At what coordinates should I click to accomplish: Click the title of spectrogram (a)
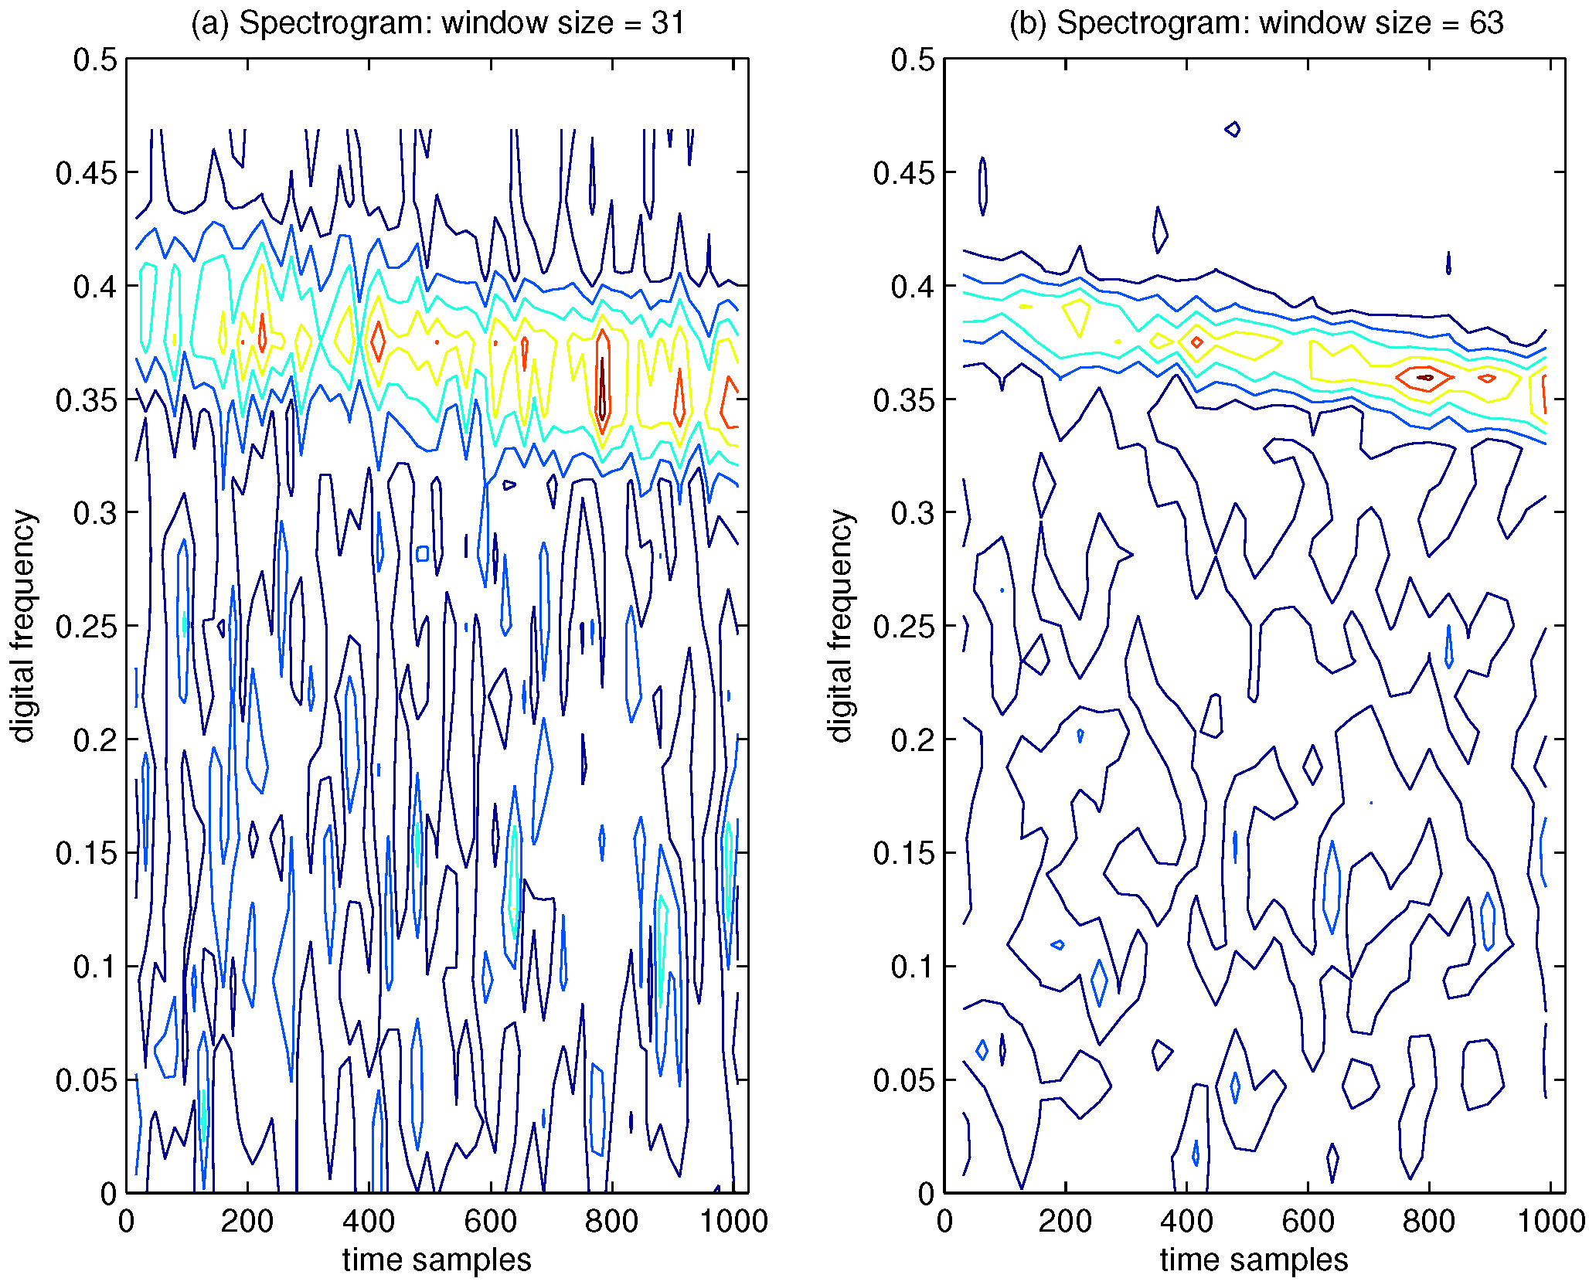pyautogui.click(x=437, y=22)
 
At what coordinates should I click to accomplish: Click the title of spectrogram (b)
pyautogui.click(x=1256, y=22)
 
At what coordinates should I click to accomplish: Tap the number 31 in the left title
pyautogui.click(x=668, y=22)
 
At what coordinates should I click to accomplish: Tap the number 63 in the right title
pyautogui.click(x=1485, y=22)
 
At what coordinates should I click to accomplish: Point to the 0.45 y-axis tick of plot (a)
pyautogui.click(x=85, y=173)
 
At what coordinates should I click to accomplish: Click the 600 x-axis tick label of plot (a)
pyautogui.click(x=490, y=1221)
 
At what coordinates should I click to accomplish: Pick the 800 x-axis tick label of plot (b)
pyautogui.click(x=1428, y=1221)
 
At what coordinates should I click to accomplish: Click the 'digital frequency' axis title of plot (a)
pyautogui.click(x=23, y=626)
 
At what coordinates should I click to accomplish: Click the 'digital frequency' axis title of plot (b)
pyautogui.click(x=841, y=626)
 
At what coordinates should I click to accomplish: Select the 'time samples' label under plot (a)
pyautogui.click(x=437, y=1260)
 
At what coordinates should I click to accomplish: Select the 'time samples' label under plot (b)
pyautogui.click(x=1254, y=1260)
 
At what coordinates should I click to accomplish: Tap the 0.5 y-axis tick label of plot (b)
pyautogui.click(x=912, y=59)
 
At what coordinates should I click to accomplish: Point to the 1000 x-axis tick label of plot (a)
pyautogui.click(x=733, y=1221)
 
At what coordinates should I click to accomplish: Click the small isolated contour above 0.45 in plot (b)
pyautogui.click(x=1233, y=129)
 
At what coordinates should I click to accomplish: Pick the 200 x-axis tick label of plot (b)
pyautogui.click(x=1065, y=1221)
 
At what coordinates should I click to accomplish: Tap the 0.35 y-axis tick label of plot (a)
pyautogui.click(x=85, y=400)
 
